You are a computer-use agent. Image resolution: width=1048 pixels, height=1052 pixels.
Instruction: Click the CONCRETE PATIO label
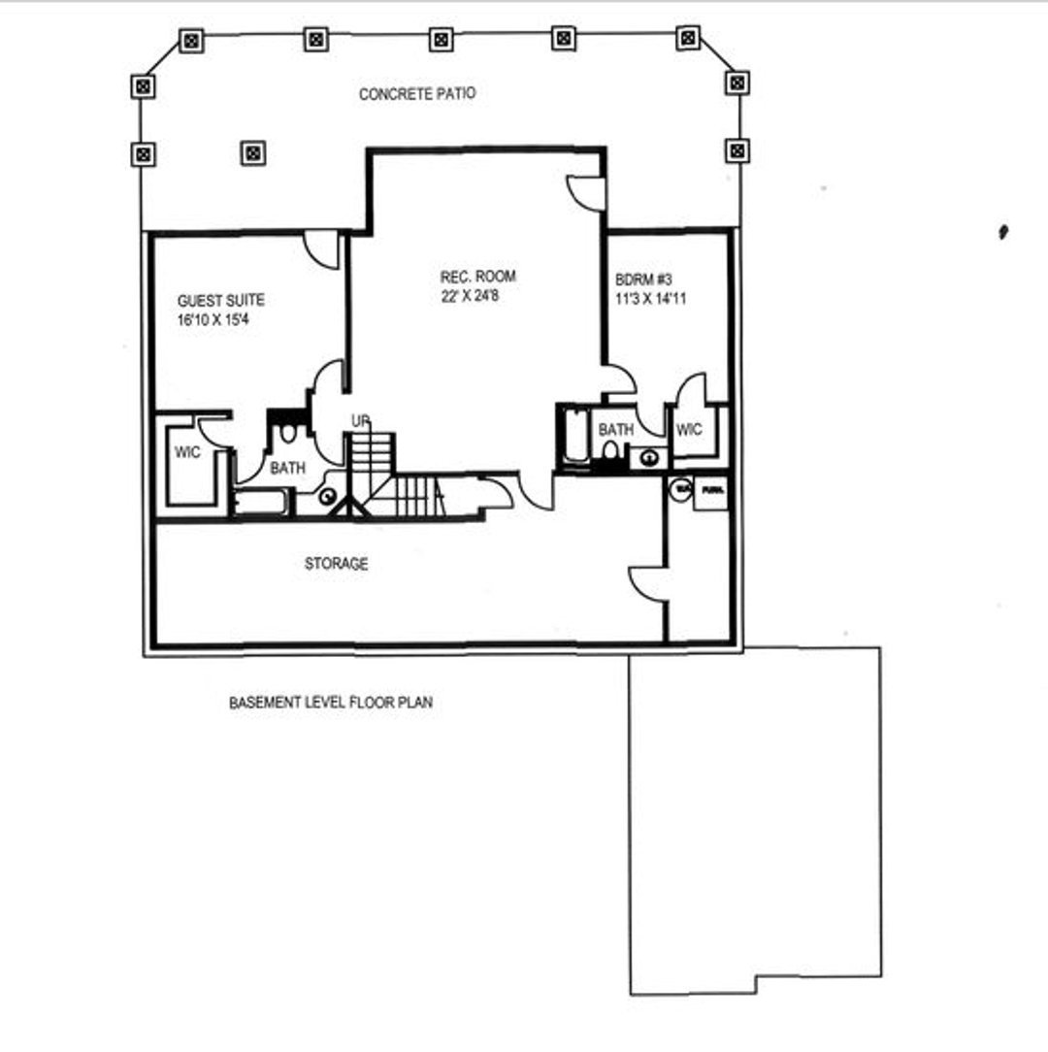[x=417, y=94]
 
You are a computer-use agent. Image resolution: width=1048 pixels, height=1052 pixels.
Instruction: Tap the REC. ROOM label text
[x=477, y=277]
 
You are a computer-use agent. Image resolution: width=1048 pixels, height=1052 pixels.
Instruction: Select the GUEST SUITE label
[x=220, y=301]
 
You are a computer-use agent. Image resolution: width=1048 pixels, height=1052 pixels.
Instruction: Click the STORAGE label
[x=336, y=564]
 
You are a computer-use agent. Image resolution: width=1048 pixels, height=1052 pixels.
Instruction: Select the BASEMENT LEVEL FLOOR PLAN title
[x=330, y=702]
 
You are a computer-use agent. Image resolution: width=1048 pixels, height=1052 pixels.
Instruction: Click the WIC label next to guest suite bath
[x=187, y=452]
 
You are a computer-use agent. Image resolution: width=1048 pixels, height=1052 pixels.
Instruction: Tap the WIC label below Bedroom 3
[x=688, y=429]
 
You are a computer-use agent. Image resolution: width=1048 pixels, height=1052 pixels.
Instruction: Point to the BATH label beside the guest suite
[x=287, y=468]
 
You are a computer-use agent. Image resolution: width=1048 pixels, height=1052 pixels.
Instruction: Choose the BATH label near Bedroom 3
[x=615, y=429]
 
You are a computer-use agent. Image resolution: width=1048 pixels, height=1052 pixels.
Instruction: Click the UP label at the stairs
[x=361, y=421]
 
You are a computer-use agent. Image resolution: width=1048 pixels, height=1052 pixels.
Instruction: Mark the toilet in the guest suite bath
[x=287, y=433]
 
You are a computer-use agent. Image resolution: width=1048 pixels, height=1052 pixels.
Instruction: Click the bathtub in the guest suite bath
[x=261, y=503]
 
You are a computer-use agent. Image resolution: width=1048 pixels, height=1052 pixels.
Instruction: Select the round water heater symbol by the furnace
[x=680, y=491]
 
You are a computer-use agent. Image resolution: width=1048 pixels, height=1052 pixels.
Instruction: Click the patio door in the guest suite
[x=321, y=248]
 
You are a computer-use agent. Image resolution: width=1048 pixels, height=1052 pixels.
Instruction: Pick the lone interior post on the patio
[x=252, y=152]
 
